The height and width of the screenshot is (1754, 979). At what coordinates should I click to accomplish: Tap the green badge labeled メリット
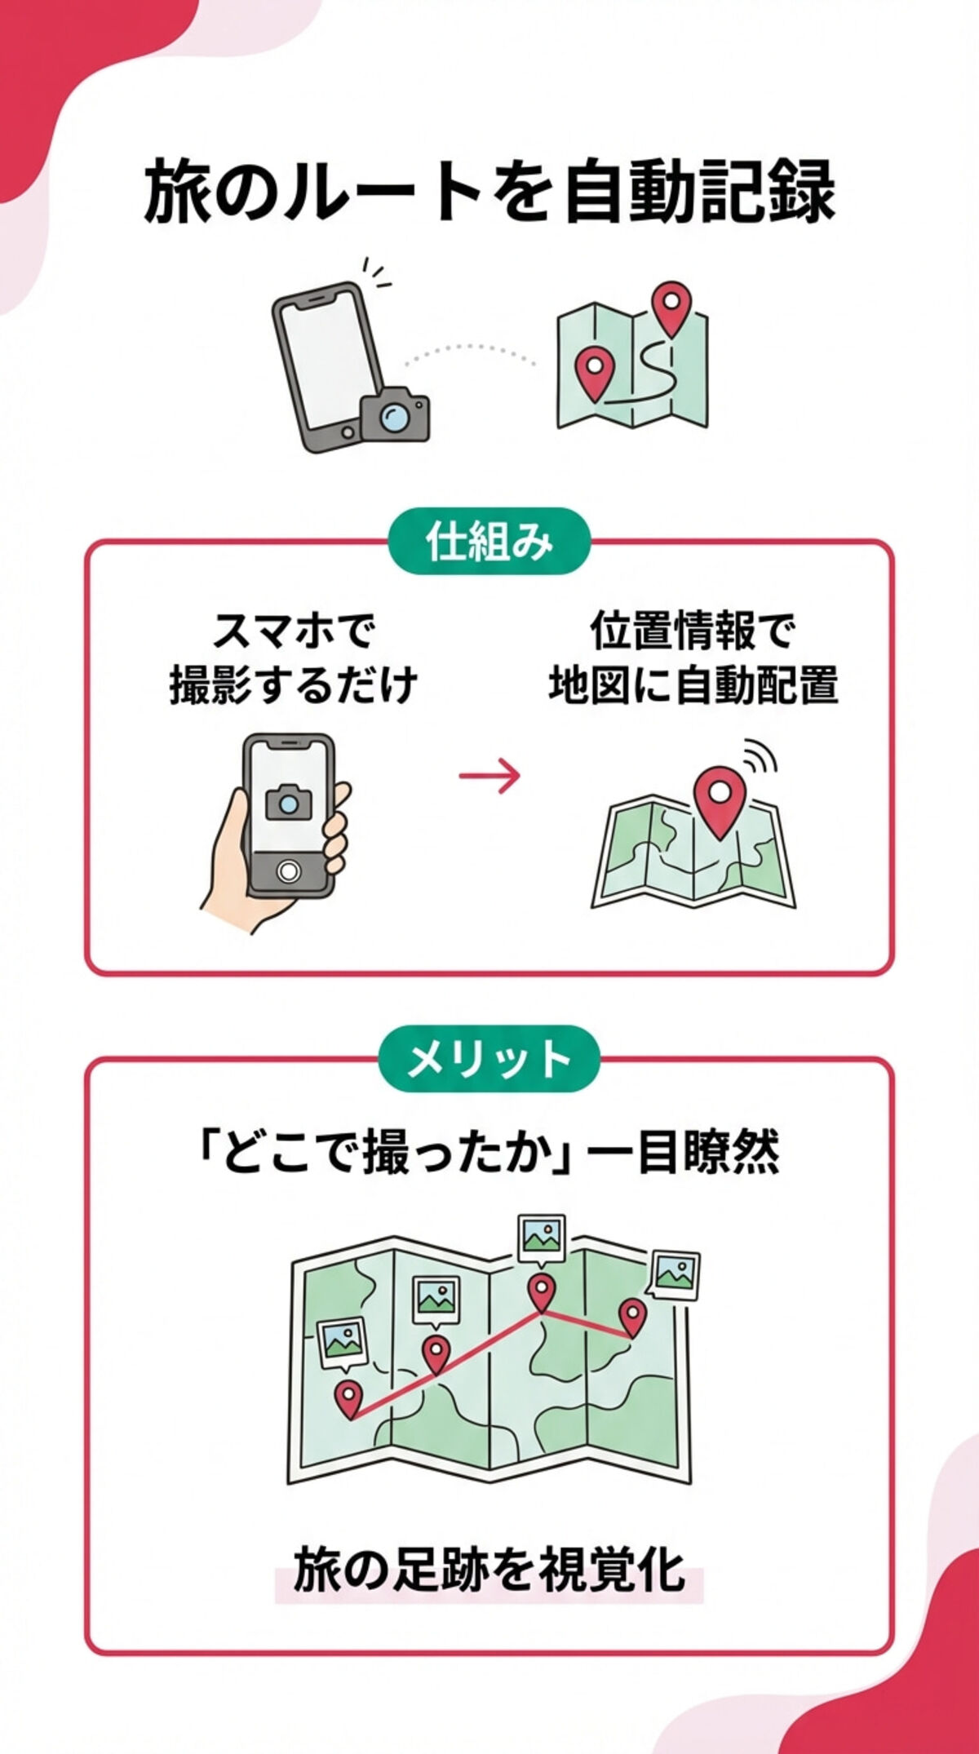coord(489,1059)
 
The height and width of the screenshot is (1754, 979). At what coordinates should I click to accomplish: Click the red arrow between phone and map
coord(489,775)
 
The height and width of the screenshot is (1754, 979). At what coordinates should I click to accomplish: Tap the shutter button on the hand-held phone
coord(288,871)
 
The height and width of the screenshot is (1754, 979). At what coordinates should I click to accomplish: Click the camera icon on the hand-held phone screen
coord(288,802)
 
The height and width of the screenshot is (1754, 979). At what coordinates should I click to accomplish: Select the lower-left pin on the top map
coord(593,371)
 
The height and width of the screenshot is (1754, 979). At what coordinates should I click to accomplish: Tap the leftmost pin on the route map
coord(348,1398)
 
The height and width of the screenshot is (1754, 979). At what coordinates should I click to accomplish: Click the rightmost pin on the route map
coord(632,1315)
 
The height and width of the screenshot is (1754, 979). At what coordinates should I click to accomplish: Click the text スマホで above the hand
coord(293,631)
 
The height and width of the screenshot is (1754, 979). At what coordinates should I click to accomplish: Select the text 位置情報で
coord(692,631)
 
